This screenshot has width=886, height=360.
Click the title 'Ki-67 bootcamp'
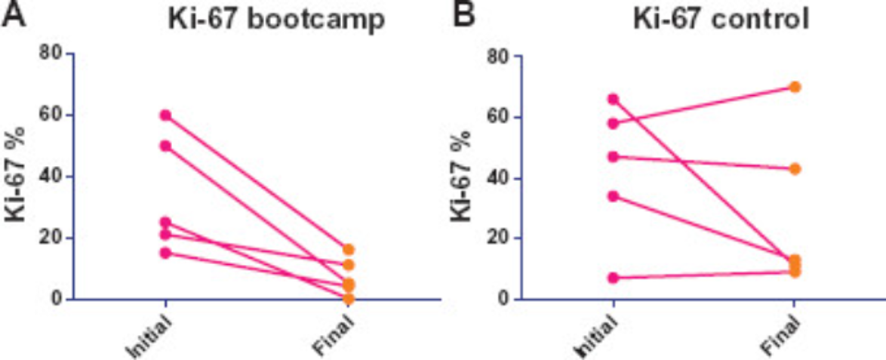click(276, 20)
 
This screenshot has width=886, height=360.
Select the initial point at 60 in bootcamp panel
click(165, 115)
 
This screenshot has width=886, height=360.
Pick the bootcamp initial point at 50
click(165, 146)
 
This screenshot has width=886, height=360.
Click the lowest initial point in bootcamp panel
click(165, 253)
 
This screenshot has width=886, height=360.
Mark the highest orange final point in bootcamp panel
click(348, 249)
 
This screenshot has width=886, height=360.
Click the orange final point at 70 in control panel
click(795, 87)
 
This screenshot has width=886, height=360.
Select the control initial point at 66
click(613, 100)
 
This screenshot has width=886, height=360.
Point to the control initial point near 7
click(613, 278)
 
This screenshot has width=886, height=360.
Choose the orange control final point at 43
click(795, 168)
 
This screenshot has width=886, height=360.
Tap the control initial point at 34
click(613, 196)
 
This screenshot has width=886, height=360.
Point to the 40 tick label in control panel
click(496, 179)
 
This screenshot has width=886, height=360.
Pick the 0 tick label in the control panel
click(501, 299)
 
